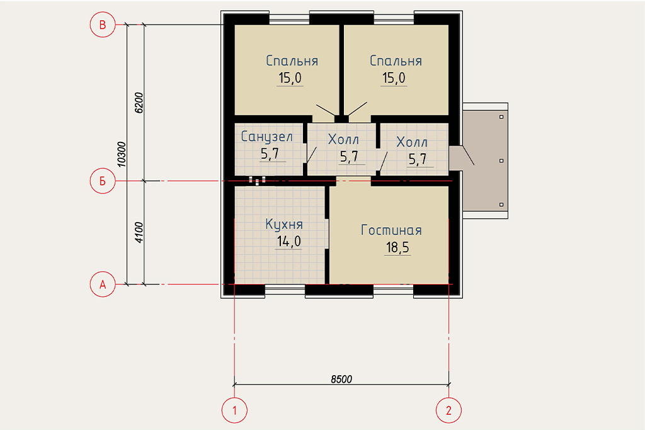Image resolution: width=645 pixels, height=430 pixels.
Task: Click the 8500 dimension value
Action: coord(341,379)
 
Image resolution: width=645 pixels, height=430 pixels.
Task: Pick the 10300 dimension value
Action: coord(122,154)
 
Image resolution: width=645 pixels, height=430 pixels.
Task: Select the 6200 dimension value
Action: coord(139,103)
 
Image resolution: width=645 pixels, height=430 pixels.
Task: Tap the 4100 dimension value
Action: coord(139,232)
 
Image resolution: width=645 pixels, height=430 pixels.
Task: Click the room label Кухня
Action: coord(284,224)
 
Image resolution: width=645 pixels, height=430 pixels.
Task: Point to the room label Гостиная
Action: coord(391,230)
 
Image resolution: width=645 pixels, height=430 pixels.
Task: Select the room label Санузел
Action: coord(266,136)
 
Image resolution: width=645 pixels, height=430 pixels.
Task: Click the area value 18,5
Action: coord(397,248)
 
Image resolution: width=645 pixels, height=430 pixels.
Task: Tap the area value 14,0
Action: coord(288,241)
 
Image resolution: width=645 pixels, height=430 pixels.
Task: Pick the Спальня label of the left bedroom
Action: coord(292,61)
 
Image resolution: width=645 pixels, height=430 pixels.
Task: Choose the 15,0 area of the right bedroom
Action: coord(394,78)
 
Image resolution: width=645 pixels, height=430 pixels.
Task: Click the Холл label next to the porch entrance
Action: coord(412,142)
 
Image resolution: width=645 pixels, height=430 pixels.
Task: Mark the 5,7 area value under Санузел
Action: coord(270,154)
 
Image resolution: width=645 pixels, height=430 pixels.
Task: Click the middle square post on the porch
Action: coord(501,161)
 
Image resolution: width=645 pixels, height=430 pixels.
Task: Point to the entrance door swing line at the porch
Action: coord(468,155)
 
